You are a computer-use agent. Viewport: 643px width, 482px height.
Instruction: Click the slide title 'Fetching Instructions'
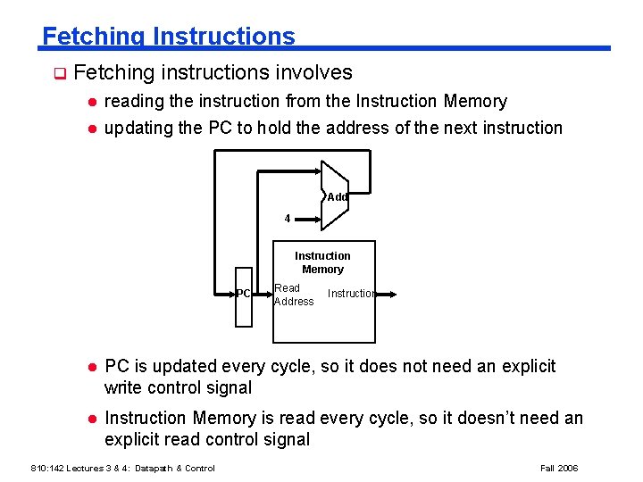pos(168,37)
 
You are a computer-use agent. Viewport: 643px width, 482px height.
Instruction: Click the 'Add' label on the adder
pos(337,197)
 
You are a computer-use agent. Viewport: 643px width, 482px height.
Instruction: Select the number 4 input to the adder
pos(287,218)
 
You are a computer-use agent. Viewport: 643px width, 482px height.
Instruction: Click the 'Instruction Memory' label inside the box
pos(322,262)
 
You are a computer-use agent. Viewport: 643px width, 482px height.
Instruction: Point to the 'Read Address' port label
pos(293,295)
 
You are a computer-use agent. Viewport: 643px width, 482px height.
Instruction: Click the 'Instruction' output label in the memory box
pos(350,294)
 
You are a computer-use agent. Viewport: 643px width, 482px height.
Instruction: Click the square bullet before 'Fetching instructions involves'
pos(59,73)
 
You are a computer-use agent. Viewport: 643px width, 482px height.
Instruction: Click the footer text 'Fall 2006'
pos(559,468)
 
